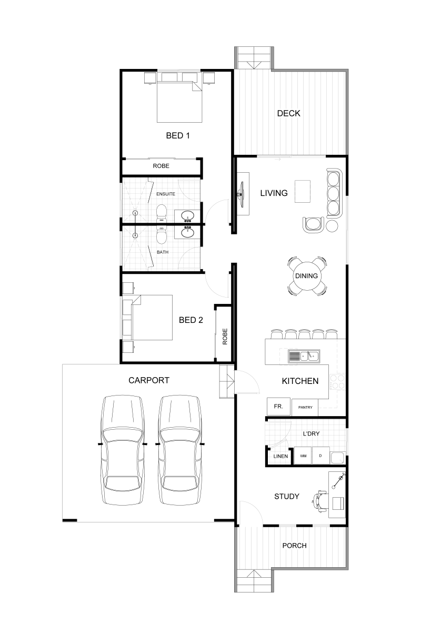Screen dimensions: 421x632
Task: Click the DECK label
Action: [x=288, y=113]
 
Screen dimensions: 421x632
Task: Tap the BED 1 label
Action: [x=178, y=136]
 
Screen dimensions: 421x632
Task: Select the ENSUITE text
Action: [x=166, y=194]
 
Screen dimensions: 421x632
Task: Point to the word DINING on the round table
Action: [x=306, y=275]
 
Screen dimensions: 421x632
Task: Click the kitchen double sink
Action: [x=304, y=356]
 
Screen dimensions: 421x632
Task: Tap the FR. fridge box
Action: [x=278, y=406]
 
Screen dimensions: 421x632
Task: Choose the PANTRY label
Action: [x=305, y=408]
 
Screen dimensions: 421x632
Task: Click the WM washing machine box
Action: [x=303, y=456]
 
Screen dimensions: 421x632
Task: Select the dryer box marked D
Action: [x=320, y=456]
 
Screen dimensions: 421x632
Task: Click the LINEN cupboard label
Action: [x=280, y=456]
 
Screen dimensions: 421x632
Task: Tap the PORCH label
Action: [x=294, y=546]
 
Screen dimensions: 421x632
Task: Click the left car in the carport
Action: [x=123, y=450]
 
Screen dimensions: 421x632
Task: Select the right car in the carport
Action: [x=180, y=450]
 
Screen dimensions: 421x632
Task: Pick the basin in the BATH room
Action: [x=187, y=232]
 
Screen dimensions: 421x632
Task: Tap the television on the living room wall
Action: [x=240, y=194]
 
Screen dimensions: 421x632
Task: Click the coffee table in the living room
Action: [x=303, y=191]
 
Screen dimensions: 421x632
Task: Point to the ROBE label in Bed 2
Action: [x=225, y=337]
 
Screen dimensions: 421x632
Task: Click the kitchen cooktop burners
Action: [x=337, y=382]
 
